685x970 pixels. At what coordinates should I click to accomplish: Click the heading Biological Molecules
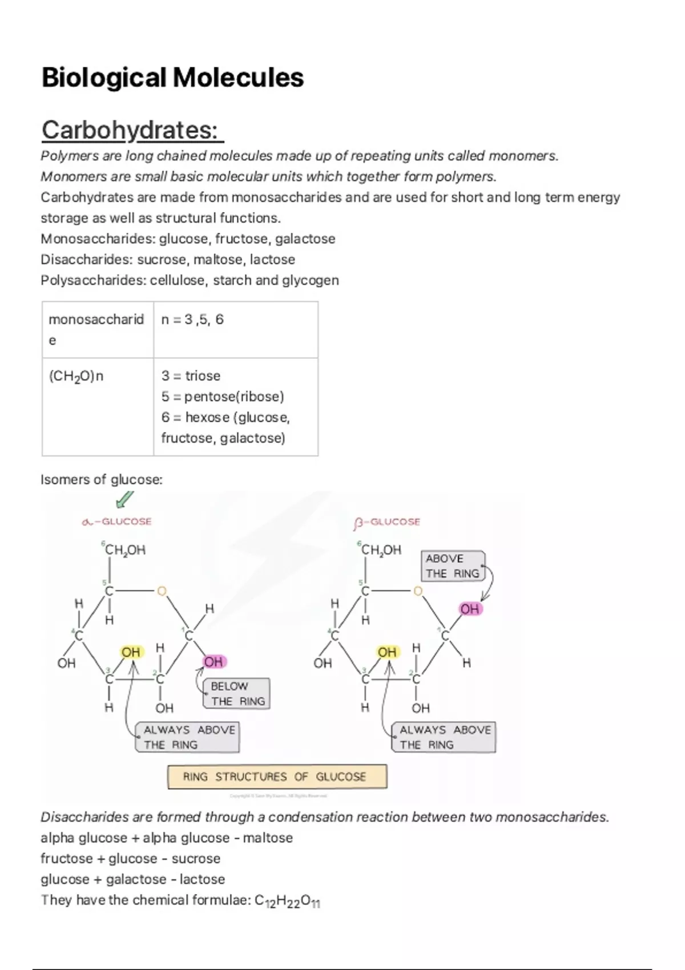tap(172, 78)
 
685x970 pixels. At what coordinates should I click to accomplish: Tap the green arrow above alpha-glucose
tap(124, 499)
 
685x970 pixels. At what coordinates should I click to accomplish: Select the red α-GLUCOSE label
tap(117, 522)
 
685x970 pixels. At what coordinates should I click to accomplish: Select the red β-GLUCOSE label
tap(387, 522)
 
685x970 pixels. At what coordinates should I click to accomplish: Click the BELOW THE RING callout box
tap(237, 693)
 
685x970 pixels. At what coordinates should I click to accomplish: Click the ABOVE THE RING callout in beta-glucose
tap(453, 565)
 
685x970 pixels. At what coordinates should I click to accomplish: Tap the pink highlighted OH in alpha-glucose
tap(213, 662)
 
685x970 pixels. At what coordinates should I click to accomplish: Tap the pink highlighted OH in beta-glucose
tap(470, 609)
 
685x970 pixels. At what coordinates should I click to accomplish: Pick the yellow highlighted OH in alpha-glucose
tap(131, 652)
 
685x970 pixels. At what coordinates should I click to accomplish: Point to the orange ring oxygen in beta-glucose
tap(418, 591)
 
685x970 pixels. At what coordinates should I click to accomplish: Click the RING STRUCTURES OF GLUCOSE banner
tap(277, 777)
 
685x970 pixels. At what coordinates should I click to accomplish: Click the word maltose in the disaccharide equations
tap(268, 838)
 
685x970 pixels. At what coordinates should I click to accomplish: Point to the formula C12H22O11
tap(287, 901)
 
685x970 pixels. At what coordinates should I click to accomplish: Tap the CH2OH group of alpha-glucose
tap(125, 550)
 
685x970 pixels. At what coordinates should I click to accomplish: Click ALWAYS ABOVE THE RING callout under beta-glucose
tap(444, 737)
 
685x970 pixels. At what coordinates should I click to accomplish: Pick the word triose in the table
tap(203, 375)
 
